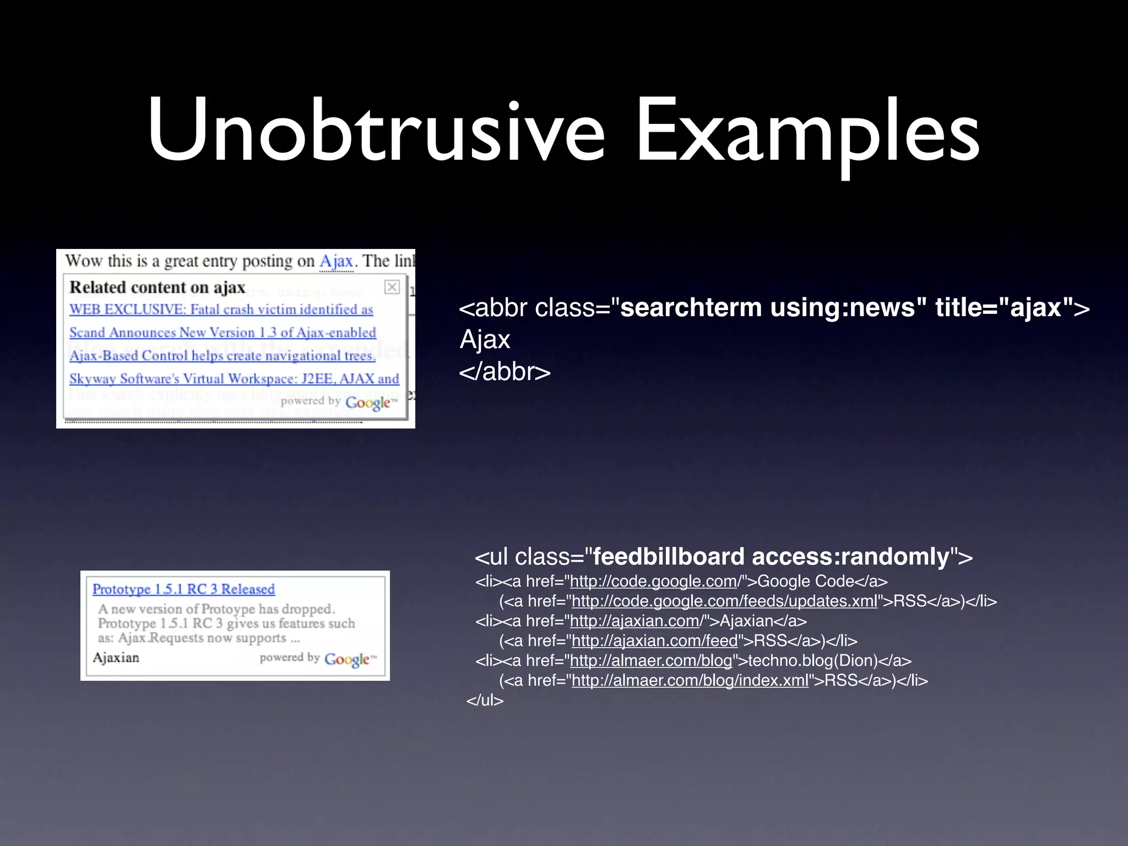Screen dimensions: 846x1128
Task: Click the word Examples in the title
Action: (807, 132)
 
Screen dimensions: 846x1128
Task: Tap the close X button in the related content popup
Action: (392, 287)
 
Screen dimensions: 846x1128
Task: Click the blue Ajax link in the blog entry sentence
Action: (336, 261)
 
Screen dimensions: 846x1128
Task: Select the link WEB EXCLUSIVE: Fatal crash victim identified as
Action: (221, 310)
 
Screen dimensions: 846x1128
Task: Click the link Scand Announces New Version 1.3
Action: (223, 333)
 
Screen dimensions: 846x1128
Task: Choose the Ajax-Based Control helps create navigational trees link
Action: (222, 356)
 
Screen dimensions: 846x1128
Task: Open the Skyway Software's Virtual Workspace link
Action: (234, 379)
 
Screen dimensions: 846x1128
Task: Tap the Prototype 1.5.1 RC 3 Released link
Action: (183, 589)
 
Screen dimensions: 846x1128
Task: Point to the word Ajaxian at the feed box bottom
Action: (116, 658)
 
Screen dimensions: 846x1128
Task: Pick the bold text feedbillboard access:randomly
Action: (771, 557)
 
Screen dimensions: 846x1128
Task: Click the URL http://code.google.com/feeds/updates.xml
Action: (724, 601)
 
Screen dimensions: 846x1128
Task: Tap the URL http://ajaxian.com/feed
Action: (654, 641)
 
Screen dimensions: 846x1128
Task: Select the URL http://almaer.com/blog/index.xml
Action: (690, 681)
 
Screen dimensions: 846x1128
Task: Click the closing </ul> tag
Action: (485, 701)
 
